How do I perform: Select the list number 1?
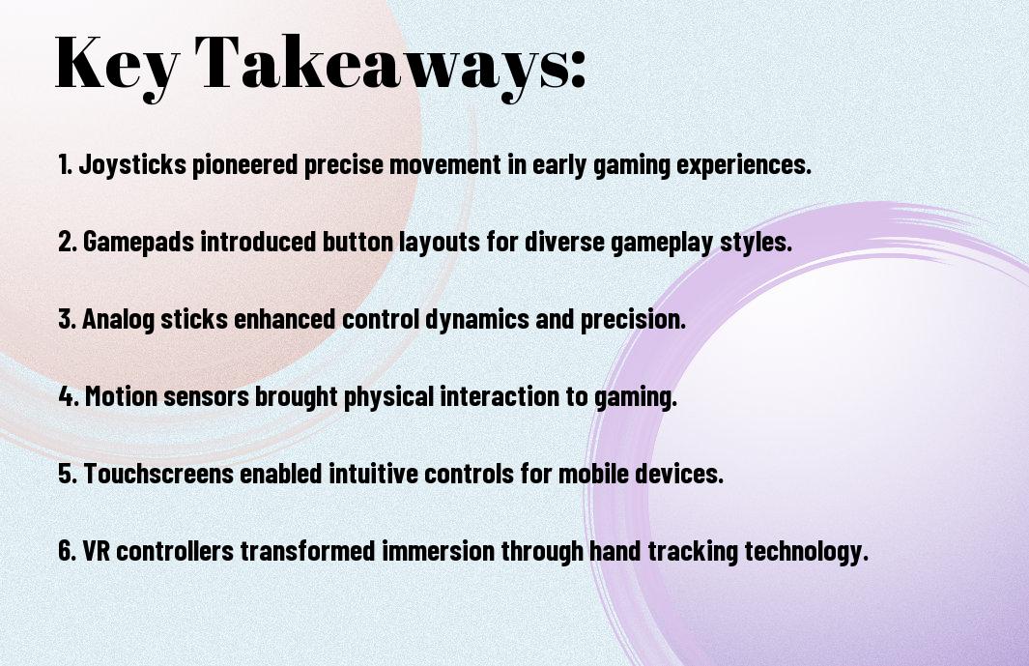pyautogui.click(x=65, y=164)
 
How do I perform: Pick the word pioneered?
pyautogui.click(x=244, y=165)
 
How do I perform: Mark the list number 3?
pyautogui.click(x=67, y=319)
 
